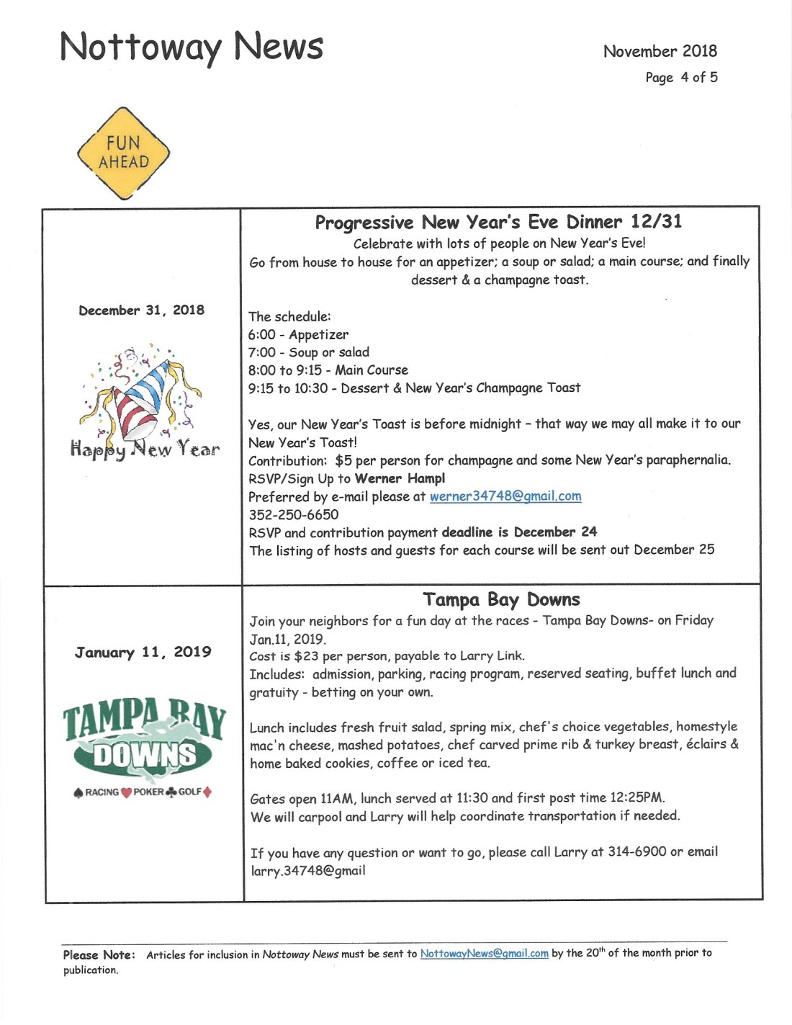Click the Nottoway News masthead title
[x=192, y=48]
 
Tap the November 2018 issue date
[x=660, y=51]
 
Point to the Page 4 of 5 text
[x=681, y=78]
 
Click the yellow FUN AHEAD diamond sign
[x=123, y=153]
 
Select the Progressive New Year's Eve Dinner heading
[x=498, y=222]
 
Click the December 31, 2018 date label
[x=141, y=310]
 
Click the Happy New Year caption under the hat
[x=145, y=449]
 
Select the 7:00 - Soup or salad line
[x=308, y=353]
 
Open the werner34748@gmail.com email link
[x=505, y=496]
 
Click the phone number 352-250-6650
[x=293, y=515]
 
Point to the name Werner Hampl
[x=400, y=478]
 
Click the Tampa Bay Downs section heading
[x=501, y=600]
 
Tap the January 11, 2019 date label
[x=143, y=653]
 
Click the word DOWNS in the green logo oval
[x=145, y=756]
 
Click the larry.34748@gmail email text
[x=307, y=871]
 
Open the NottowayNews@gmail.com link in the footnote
[x=484, y=954]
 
